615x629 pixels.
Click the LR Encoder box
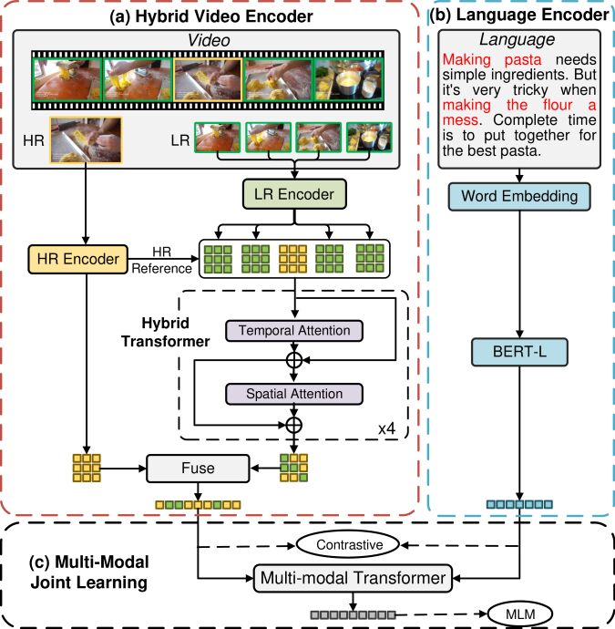coord(294,194)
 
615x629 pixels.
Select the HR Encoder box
coord(78,259)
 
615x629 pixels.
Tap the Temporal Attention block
coord(294,331)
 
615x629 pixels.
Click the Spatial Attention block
coord(294,394)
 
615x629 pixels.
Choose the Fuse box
coord(198,469)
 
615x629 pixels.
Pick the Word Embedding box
coord(519,197)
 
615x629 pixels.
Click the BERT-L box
coord(519,352)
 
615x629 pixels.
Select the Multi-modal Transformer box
coord(353,578)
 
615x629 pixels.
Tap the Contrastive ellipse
coord(348,545)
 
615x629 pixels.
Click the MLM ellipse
coord(520,614)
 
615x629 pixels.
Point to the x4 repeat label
coord(387,428)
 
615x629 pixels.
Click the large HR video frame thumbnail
coord(86,139)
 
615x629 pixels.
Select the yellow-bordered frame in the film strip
coord(208,79)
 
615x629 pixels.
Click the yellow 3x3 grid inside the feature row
coord(293,259)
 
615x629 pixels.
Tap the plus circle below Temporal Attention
coord(294,360)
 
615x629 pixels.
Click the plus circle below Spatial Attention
coord(294,425)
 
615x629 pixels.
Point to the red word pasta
coord(523,60)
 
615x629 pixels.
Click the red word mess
coord(460,120)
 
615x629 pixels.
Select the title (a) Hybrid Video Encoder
coord(211,16)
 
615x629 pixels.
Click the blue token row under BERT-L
coord(519,504)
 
